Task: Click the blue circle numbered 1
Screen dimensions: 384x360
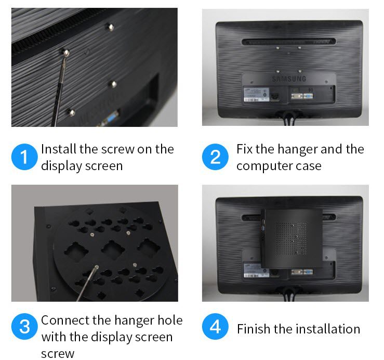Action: [x=24, y=157]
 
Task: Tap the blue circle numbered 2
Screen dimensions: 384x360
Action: [x=215, y=157]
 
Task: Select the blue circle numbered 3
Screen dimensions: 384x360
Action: [x=24, y=326]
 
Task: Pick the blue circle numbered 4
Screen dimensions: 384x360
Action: [x=215, y=326]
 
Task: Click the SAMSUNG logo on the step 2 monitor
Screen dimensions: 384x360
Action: [x=289, y=79]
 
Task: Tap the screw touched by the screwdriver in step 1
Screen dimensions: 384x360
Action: [x=66, y=52]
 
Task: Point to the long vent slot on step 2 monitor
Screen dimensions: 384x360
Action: [x=289, y=42]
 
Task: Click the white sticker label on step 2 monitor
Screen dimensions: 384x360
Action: [x=256, y=94]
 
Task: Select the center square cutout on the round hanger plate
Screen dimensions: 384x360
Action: [x=112, y=250]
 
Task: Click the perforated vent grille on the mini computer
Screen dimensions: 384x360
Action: [x=292, y=238]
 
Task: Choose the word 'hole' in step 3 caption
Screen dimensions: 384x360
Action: [x=170, y=320]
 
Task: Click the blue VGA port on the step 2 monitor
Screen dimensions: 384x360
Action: [x=308, y=96]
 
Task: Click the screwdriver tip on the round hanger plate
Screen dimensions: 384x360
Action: [x=97, y=267]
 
